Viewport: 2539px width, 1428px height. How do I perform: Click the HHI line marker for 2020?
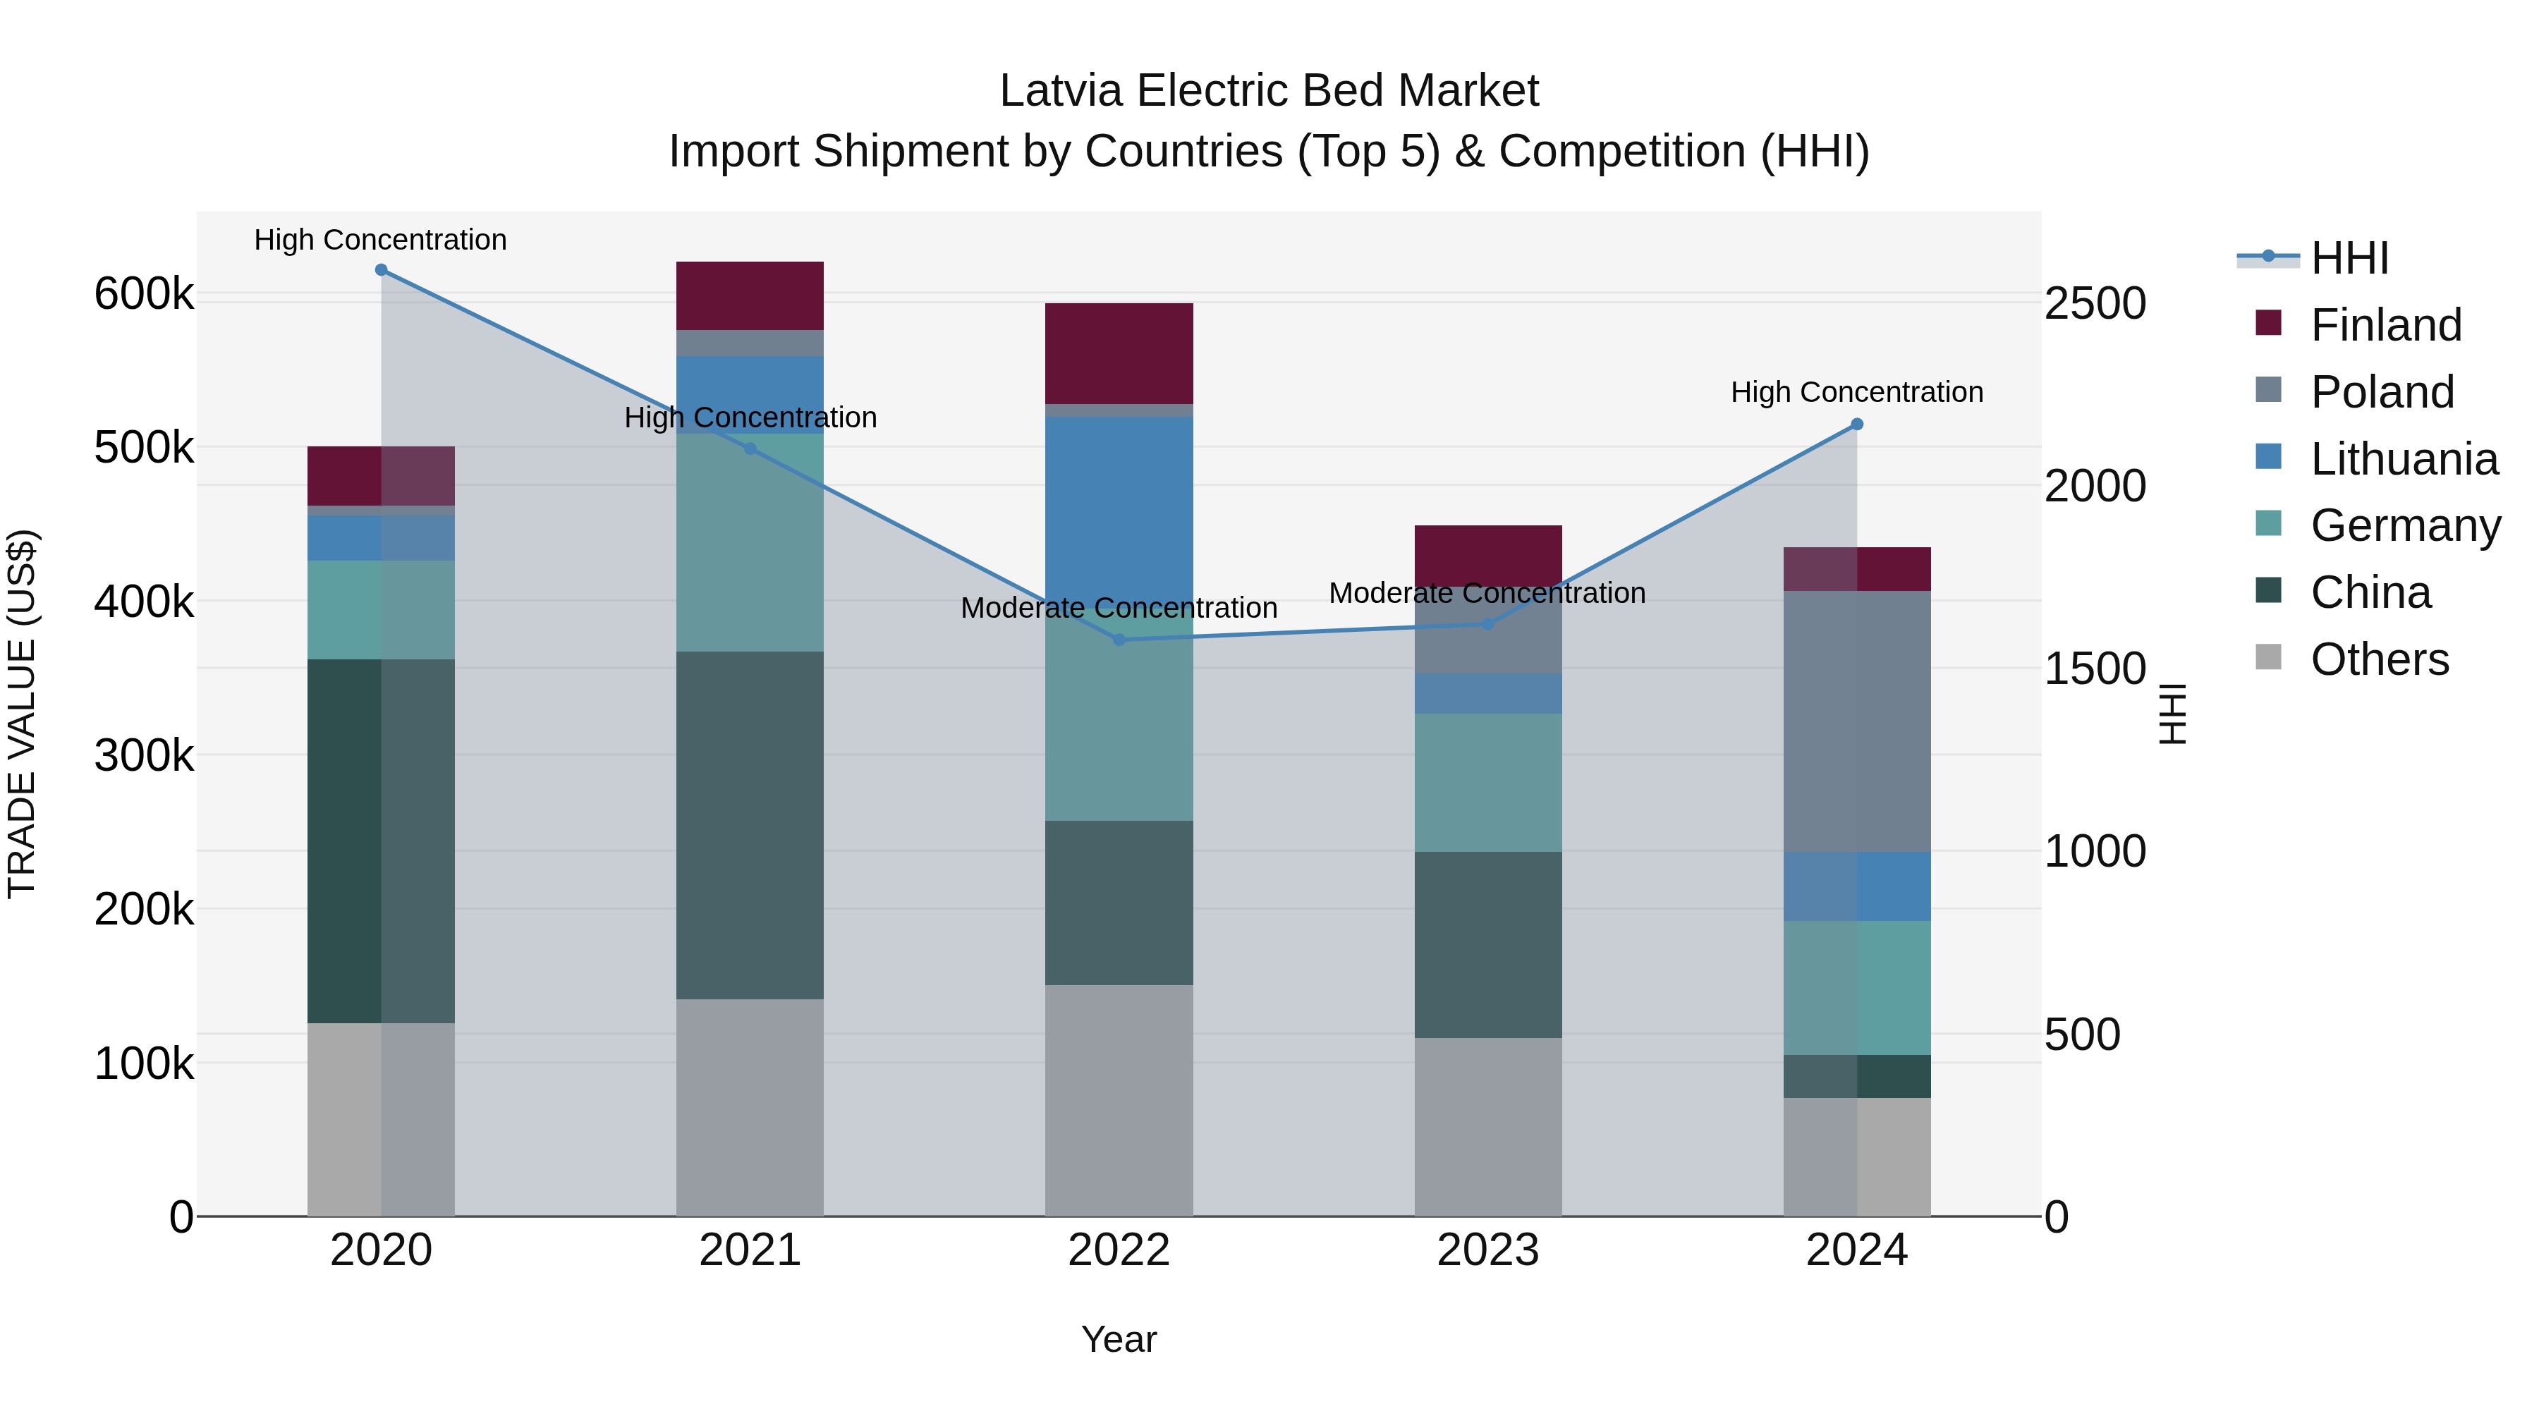tap(382, 270)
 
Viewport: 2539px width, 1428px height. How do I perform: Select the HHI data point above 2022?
tap(1119, 640)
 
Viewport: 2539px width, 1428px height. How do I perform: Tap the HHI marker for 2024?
tap(1857, 425)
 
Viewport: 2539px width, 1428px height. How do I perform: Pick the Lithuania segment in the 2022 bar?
tap(1119, 503)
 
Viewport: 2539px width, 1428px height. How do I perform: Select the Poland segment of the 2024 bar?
tap(1857, 721)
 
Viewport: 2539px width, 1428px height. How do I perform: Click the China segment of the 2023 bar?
tap(1488, 944)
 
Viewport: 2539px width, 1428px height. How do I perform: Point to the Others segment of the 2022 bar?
tap(1119, 1100)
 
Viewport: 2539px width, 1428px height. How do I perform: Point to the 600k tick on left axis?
tap(144, 293)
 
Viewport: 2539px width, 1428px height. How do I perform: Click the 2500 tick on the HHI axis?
tap(2095, 303)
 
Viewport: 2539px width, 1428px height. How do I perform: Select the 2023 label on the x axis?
tap(1488, 1250)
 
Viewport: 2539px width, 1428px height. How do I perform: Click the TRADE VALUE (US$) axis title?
tap(22, 714)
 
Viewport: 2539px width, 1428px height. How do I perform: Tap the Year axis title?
tap(1119, 1339)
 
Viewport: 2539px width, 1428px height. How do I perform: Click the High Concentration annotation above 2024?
tap(1857, 392)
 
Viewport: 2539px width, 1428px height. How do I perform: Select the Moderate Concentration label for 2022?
tap(1119, 608)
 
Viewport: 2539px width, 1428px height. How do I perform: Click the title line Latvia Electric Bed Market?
tap(1269, 91)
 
